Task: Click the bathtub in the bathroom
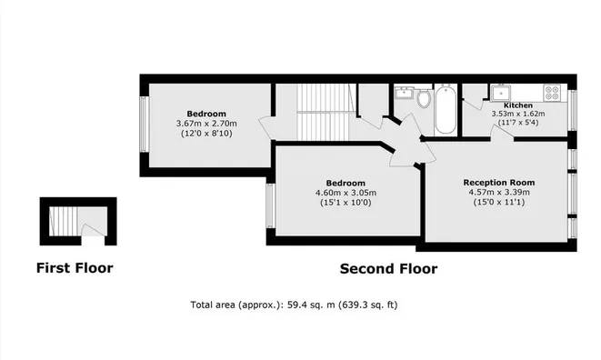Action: tap(445, 110)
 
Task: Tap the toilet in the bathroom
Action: tap(424, 97)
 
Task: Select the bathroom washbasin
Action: tap(403, 94)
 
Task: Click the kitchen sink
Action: tap(500, 92)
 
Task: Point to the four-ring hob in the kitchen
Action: tap(551, 92)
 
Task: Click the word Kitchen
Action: tap(506, 105)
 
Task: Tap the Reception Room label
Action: tap(497, 181)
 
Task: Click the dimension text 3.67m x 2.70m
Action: tap(205, 124)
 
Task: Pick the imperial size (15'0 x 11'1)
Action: tap(497, 202)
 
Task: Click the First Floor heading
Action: tap(75, 268)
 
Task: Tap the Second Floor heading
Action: tap(388, 268)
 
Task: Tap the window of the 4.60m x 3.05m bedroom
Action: tap(270, 205)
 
